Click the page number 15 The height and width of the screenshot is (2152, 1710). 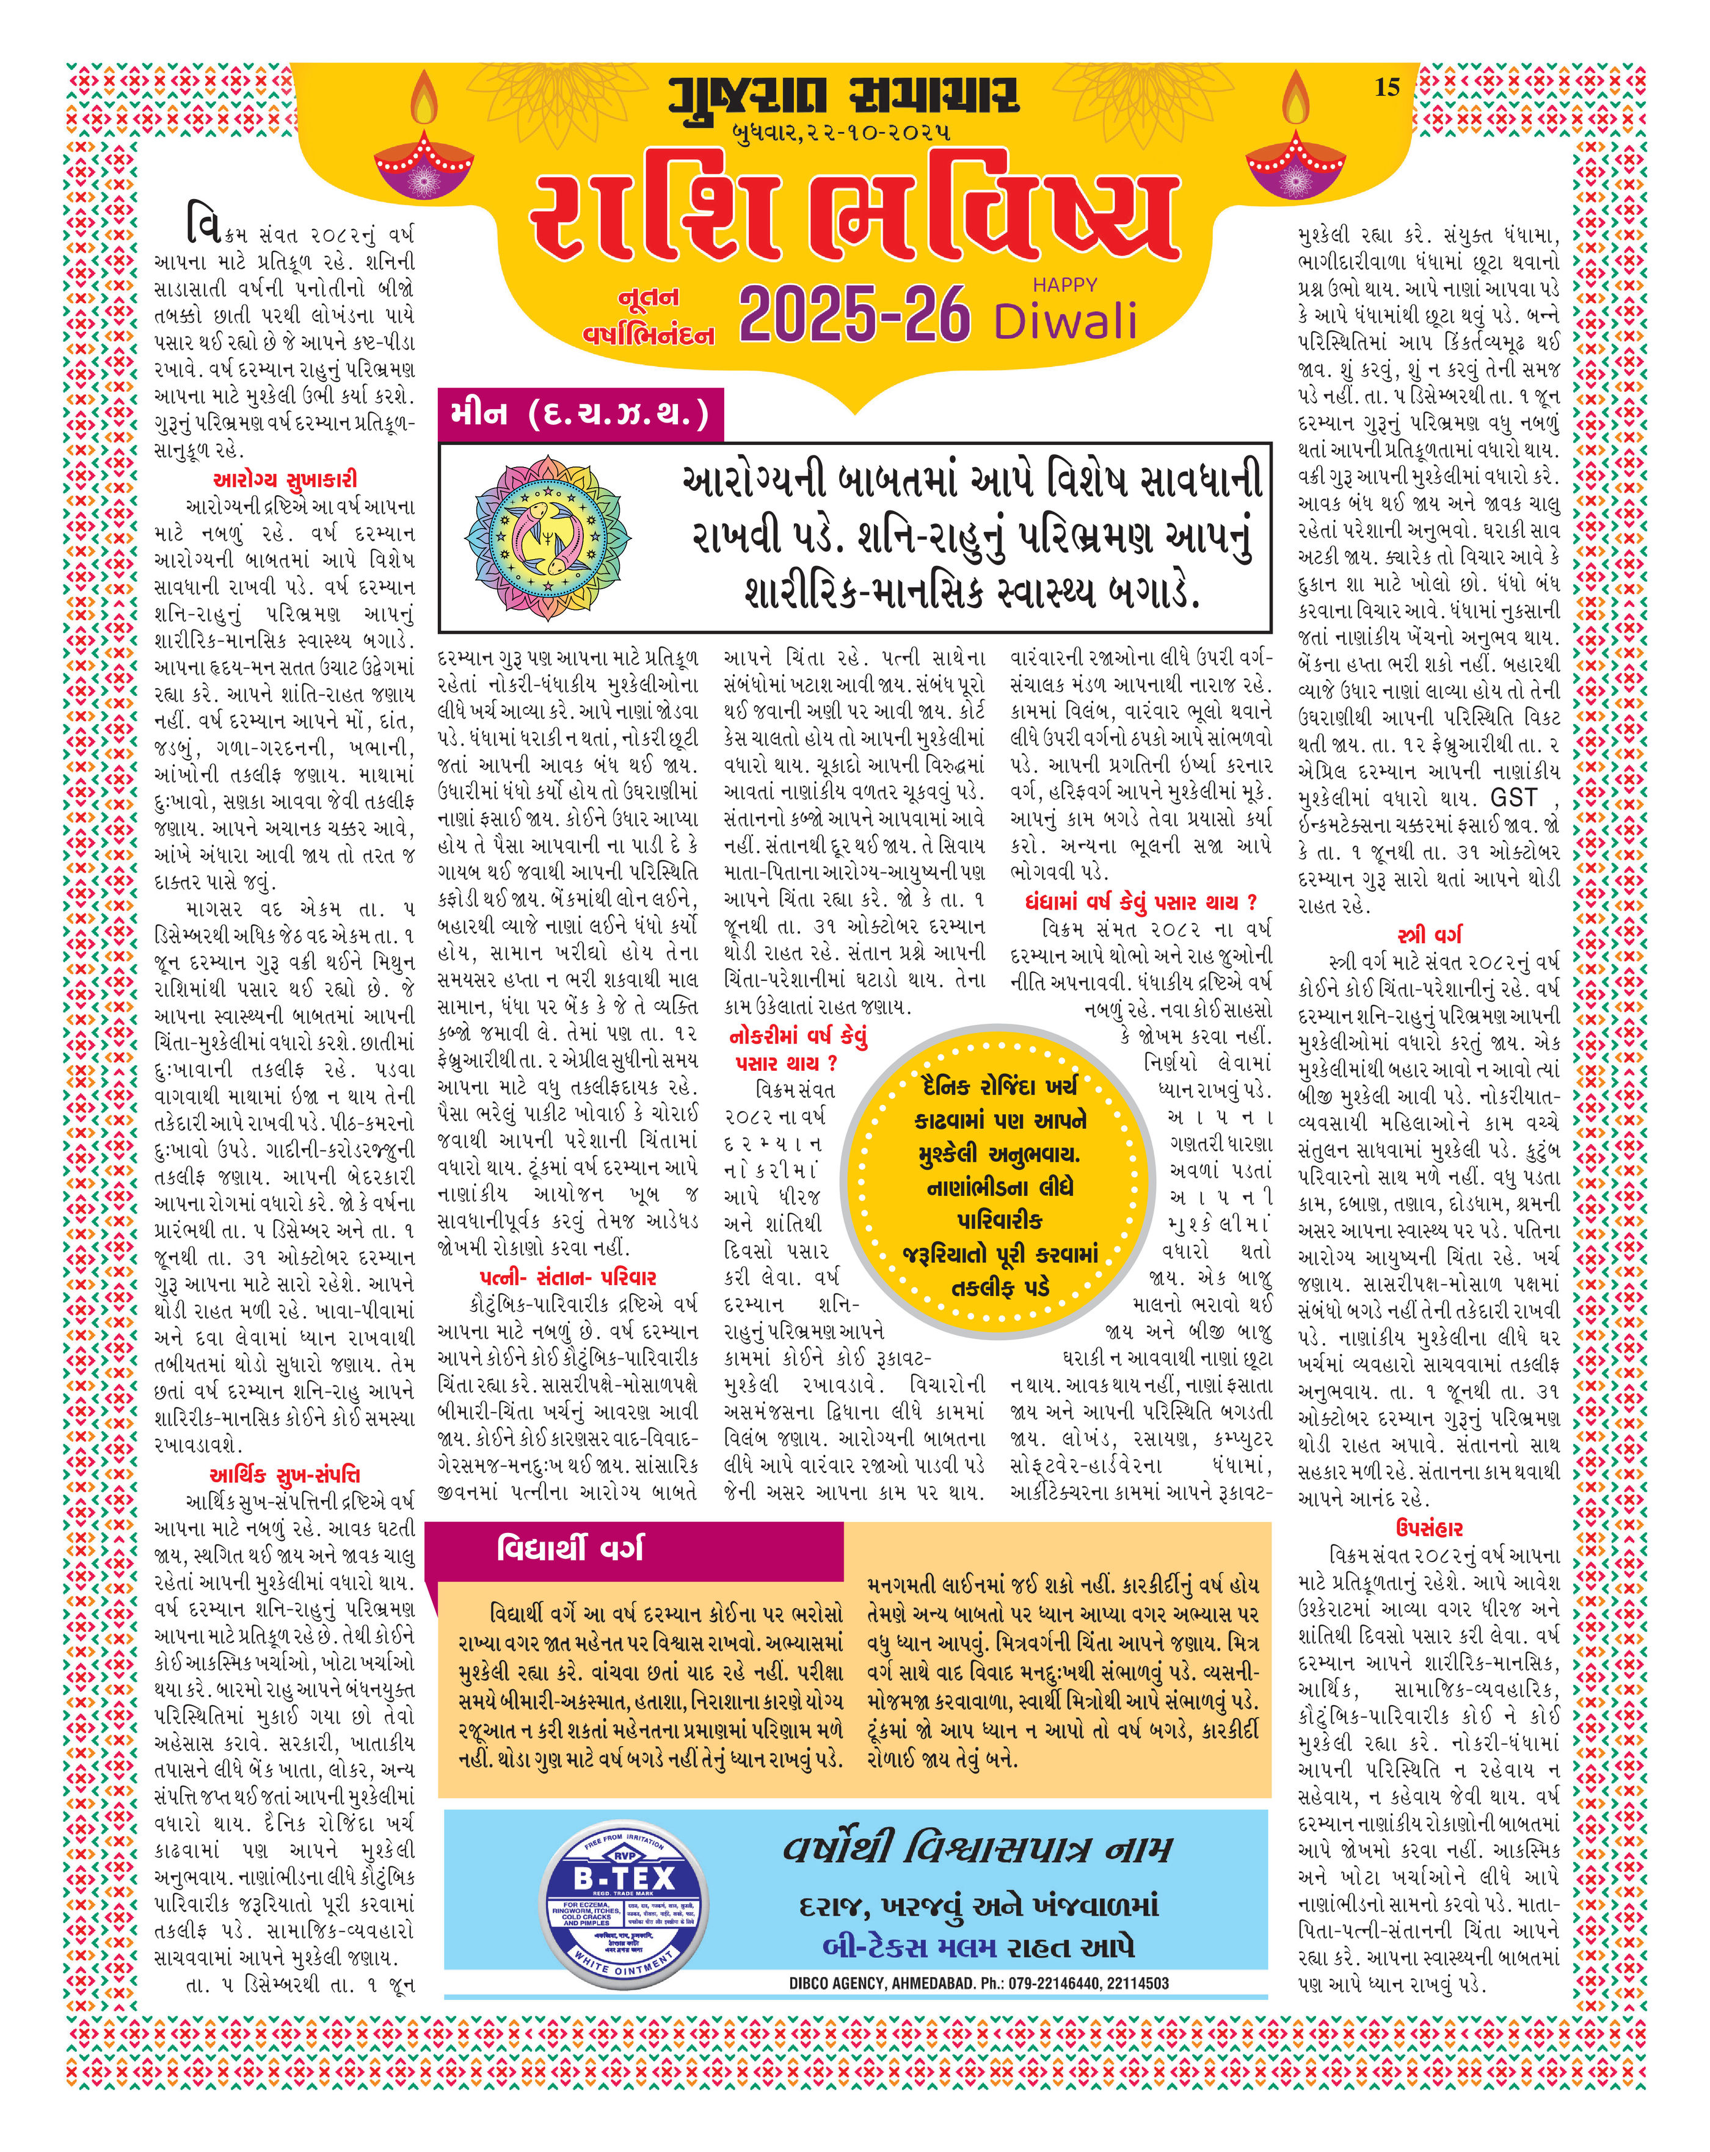click(x=1388, y=88)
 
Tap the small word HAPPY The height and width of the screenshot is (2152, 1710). click(x=1064, y=284)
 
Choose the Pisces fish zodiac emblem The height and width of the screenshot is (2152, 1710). click(x=536, y=536)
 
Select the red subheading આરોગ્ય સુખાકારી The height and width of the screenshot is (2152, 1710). click(x=285, y=480)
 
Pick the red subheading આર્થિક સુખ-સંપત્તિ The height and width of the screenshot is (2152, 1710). click(x=285, y=1475)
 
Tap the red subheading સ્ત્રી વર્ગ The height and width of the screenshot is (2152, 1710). click(x=1430, y=935)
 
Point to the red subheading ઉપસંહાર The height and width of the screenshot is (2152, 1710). click(x=1430, y=1528)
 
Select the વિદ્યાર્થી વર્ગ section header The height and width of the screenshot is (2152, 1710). click(x=570, y=1548)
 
